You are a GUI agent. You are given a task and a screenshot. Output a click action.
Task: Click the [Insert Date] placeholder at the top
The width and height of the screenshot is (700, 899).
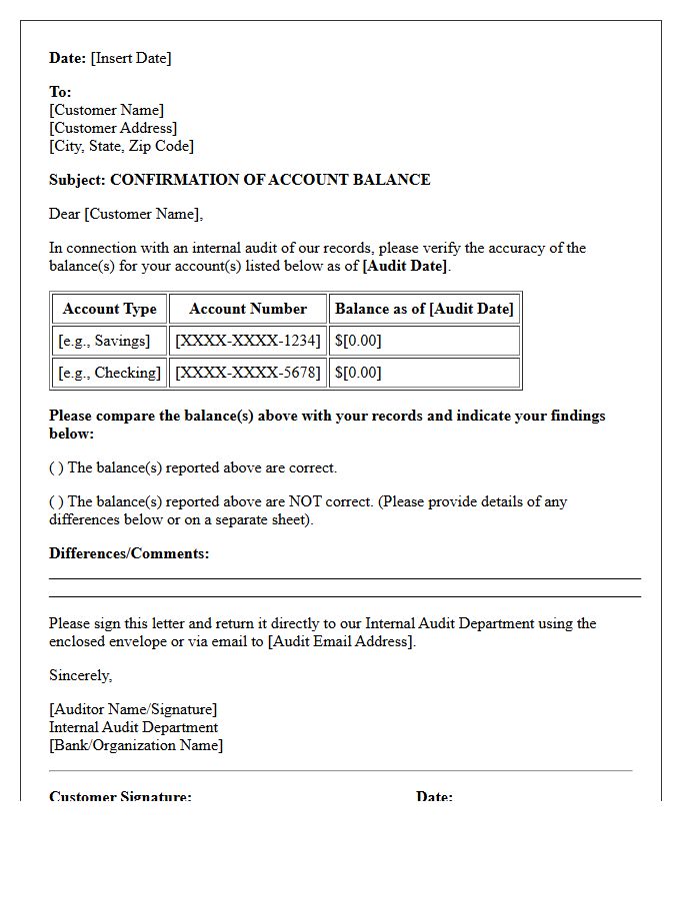131,58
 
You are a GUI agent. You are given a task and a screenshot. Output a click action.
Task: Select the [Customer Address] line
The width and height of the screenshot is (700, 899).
113,128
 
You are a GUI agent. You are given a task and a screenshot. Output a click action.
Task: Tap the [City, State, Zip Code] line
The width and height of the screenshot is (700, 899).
121,146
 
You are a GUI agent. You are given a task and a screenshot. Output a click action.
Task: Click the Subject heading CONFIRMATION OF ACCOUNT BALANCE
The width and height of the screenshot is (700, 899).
270,180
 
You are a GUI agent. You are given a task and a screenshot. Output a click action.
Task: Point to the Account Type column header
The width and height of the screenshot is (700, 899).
109,309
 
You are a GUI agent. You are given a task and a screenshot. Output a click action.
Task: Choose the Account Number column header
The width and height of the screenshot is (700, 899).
248,309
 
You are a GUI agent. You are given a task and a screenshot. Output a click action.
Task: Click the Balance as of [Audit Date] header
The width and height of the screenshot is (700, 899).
424,309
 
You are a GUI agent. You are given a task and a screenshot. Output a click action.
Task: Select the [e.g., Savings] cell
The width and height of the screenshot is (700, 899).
104,341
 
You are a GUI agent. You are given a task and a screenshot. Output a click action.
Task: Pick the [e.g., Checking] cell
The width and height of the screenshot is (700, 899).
109,373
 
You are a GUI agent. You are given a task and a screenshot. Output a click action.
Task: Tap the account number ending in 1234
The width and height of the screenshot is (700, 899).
248,341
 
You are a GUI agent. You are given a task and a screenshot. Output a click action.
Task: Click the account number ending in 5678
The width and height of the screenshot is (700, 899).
248,373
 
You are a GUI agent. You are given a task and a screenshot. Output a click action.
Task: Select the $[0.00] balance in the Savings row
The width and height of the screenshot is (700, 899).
358,341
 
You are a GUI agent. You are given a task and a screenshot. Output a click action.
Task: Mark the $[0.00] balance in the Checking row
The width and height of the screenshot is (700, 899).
358,373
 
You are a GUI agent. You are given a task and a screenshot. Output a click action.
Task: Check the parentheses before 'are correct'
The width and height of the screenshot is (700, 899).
56,467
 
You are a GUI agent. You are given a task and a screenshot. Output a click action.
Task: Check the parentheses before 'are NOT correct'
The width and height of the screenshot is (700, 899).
56,501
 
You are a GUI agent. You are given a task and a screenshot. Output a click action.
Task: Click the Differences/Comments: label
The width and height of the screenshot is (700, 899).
129,553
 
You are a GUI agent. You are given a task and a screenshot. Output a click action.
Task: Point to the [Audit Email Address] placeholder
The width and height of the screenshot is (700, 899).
341,641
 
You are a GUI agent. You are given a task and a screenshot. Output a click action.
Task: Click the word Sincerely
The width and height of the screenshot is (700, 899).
80,675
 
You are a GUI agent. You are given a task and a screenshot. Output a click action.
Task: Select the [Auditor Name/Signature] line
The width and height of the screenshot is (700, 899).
133,709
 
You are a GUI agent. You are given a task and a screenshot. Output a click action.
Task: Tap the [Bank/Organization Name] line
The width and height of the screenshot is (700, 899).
136,745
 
